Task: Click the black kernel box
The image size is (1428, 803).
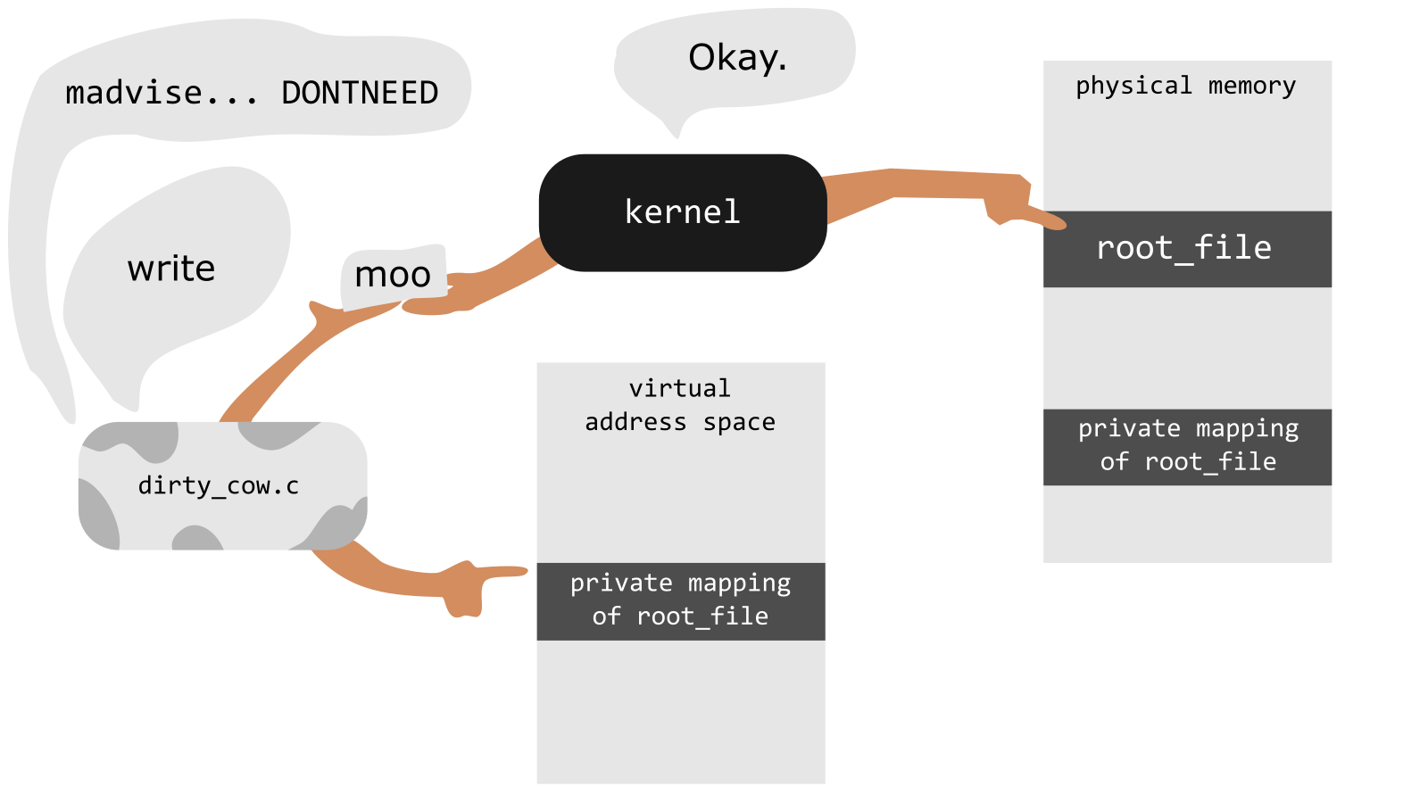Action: (683, 213)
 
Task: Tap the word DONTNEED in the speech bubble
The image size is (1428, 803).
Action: (361, 93)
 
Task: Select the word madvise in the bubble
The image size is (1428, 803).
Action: (134, 93)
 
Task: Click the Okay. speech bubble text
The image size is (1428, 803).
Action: (737, 58)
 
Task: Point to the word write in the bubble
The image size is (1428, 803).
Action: (170, 269)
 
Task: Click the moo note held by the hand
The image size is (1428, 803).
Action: (394, 277)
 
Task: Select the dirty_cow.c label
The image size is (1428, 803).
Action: (219, 486)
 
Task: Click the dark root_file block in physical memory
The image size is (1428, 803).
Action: (1187, 249)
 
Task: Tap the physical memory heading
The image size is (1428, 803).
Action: (1186, 86)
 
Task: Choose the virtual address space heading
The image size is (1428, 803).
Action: (680, 405)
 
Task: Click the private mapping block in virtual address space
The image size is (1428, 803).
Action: (681, 601)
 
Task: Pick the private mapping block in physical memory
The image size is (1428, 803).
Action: (1187, 447)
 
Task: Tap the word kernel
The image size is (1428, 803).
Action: (683, 212)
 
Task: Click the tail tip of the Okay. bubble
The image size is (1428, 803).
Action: (677, 137)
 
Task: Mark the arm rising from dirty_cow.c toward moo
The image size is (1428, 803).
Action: (300, 357)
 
